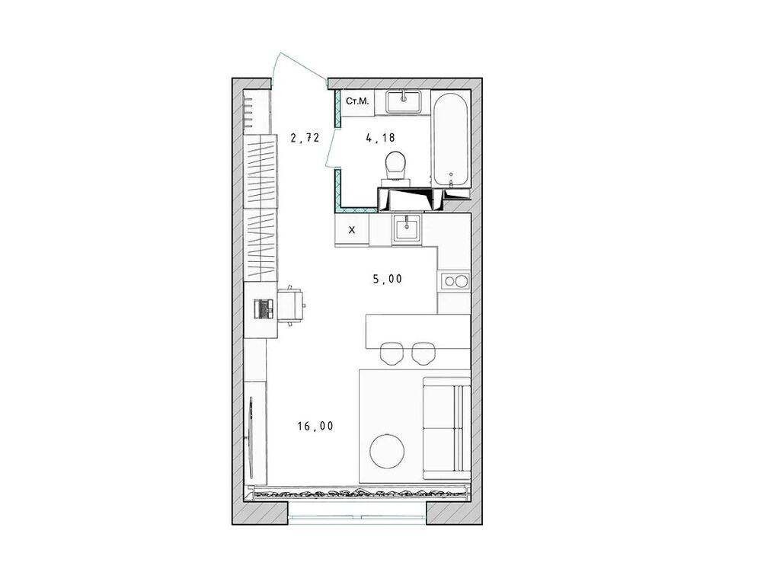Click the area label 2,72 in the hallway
(x=305, y=139)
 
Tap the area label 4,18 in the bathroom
(x=380, y=139)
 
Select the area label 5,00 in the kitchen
(x=388, y=279)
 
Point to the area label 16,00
(x=315, y=427)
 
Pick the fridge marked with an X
(x=352, y=229)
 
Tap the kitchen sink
(x=407, y=229)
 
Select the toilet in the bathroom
(x=395, y=167)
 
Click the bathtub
(x=449, y=139)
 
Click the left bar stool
(x=392, y=352)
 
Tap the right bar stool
(x=424, y=352)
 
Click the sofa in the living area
(x=446, y=426)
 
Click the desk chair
(x=292, y=305)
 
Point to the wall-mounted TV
(x=251, y=436)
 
